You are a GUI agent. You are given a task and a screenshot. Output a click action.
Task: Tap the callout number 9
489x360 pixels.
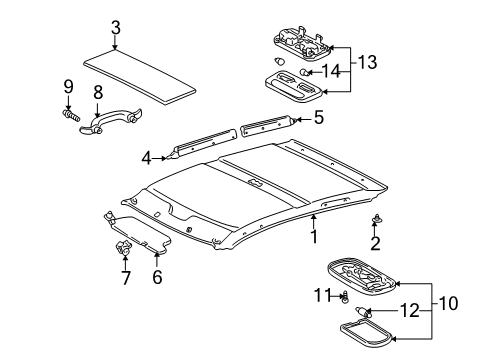click(x=68, y=84)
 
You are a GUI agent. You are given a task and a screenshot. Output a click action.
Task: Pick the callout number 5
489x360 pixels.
click(x=318, y=117)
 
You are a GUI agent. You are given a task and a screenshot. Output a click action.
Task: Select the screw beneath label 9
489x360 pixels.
click(x=72, y=112)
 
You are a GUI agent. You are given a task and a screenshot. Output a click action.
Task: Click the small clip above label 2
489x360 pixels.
click(x=377, y=246)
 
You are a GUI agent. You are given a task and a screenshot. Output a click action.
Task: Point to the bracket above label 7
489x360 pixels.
click(x=124, y=248)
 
